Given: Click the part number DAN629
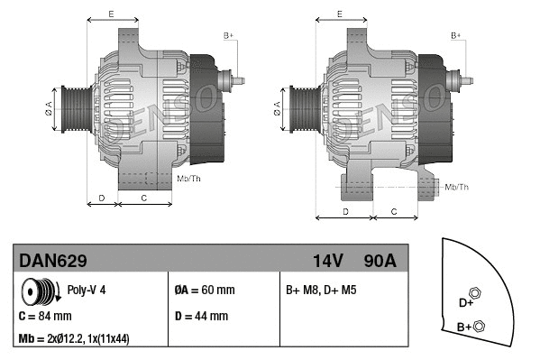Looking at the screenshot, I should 53,261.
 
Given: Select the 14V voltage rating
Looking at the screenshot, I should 328,261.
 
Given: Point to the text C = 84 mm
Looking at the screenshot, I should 45,317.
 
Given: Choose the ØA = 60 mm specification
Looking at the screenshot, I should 204,291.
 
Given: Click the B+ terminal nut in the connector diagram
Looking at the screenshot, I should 479,326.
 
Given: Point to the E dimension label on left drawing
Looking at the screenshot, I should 110,14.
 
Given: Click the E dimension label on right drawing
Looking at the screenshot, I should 339,14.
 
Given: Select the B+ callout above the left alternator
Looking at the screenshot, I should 228,35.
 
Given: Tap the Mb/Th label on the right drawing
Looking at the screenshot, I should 457,187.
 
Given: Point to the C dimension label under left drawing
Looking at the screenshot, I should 145,197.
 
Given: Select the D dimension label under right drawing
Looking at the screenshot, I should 346,211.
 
